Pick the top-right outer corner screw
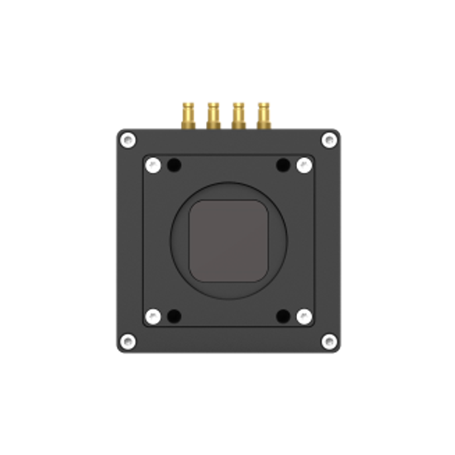[328, 140]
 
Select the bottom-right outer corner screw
[328, 340]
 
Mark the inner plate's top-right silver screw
[304, 165]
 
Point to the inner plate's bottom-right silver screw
[304, 315]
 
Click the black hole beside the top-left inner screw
[173, 165]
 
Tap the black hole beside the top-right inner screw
[282, 165]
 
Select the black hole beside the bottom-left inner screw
[173, 315]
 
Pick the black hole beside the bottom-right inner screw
[282, 315]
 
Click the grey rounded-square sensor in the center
[227, 240]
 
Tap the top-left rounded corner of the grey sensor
[195, 208]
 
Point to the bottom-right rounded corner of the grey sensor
[259, 273]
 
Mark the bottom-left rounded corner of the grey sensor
[195, 273]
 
